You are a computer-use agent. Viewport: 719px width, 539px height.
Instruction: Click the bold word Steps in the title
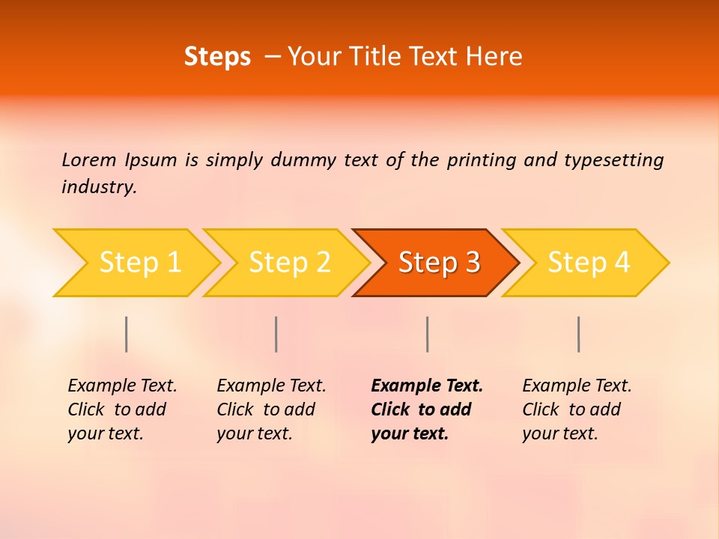coord(217,57)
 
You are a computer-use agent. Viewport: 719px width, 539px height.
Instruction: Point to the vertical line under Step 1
coord(127,334)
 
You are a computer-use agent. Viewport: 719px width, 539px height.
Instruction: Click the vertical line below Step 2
coord(276,334)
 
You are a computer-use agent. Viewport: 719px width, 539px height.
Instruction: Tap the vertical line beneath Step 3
coord(428,334)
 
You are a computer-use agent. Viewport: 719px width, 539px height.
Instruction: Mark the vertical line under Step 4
coord(579,334)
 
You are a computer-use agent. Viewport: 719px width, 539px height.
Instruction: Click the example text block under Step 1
coord(122,409)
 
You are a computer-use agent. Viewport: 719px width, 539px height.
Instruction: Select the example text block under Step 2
coord(271,409)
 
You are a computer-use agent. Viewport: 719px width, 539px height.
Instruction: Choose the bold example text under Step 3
coord(426,409)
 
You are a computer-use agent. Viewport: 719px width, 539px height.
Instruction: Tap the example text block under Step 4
coord(577,409)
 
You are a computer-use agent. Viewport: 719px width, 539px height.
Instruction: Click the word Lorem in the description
coord(88,160)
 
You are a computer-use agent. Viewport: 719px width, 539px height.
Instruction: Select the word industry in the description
coord(99,187)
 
